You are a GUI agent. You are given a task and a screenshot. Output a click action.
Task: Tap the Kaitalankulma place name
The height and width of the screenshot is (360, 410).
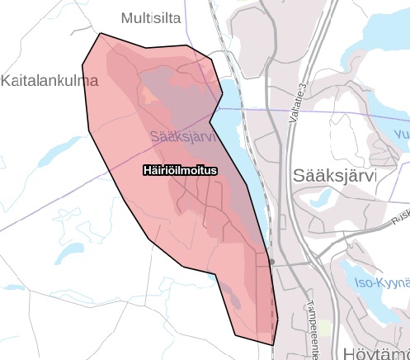pos(49,82)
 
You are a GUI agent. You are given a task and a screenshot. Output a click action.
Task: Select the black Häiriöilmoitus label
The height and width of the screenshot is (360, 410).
pos(179,170)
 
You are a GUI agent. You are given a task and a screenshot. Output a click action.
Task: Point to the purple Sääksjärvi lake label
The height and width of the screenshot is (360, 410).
pos(182,135)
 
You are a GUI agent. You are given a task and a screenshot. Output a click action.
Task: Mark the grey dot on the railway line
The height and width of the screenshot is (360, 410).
pos(271,262)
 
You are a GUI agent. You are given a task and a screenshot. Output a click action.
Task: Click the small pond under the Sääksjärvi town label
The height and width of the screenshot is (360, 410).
pos(323,198)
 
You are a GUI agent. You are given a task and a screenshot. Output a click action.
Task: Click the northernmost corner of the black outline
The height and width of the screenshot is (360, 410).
pos(101,34)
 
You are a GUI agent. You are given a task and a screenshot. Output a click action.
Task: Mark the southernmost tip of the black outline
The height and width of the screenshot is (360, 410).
pos(273,344)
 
